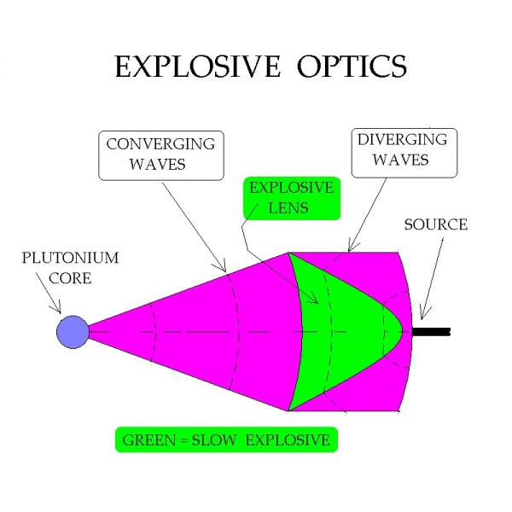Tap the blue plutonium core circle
pos(73,331)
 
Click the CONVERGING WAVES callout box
pos(160,154)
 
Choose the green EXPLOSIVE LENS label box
pos(289,197)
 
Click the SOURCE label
pos(435,225)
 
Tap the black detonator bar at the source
pos(430,331)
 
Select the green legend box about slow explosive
pos(226,440)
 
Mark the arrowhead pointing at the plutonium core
pos(60,311)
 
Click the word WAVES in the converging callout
pos(160,165)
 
